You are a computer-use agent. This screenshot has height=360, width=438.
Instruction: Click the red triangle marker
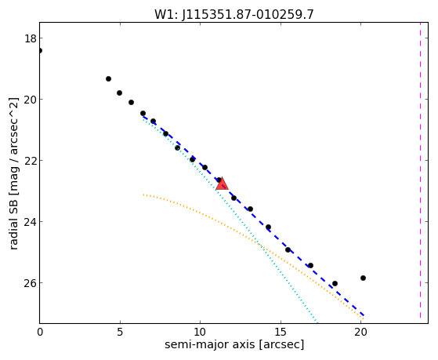pos(222,184)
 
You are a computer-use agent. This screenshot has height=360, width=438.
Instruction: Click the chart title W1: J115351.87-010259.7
pos(234,14)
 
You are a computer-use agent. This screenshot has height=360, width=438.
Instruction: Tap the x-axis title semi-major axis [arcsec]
pos(234,344)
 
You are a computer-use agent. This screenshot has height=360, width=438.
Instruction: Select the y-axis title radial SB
pos(13,222)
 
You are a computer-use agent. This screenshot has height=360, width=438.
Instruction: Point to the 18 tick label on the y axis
pos(31,38)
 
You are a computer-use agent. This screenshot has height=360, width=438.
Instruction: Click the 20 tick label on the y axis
pos(31,100)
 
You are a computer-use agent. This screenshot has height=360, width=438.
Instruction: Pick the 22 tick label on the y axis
pos(31,161)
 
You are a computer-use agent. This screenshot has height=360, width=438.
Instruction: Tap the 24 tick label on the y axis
pos(31,221)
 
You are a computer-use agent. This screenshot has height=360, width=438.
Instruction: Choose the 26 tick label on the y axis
pos(31,283)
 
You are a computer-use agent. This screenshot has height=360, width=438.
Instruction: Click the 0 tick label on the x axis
pos(40,332)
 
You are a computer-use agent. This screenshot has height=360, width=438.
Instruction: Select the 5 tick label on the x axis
pos(120,332)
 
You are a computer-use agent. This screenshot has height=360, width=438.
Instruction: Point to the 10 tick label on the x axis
pos(201,332)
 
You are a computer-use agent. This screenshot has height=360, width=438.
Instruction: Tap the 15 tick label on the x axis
pos(281,332)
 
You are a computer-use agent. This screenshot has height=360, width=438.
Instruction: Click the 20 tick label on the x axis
pos(360,332)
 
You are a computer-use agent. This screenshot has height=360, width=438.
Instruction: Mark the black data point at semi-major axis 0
pos(40,51)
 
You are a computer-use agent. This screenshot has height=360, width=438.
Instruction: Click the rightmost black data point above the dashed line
pos(363,278)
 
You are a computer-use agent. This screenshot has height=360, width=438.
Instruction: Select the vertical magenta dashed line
pos(420,173)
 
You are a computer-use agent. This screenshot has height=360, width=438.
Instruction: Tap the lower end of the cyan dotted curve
pos(317,322)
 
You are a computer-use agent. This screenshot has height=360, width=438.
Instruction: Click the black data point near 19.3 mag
pos(108,79)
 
